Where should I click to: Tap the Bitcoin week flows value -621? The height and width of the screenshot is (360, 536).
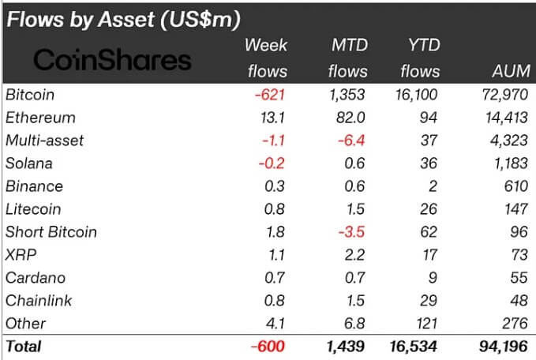[x=269, y=96]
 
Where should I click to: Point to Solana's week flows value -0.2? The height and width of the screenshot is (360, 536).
[x=273, y=164]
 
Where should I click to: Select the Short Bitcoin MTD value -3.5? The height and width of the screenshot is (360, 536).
[x=351, y=232]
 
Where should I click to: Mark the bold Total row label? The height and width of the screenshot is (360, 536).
[x=23, y=347]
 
